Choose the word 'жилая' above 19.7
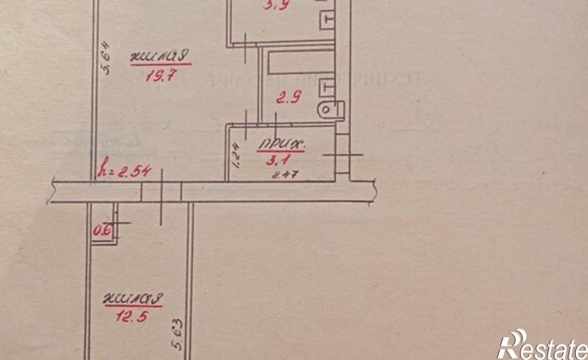pyautogui.click(x=160, y=58)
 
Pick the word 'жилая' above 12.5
pyautogui.click(x=134, y=299)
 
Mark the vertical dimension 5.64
pyautogui.click(x=105, y=60)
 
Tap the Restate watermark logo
pyautogui.click(x=539, y=346)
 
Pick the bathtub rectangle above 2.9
pyautogui.click(x=296, y=62)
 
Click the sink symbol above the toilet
pyautogui.click(x=327, y=85)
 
